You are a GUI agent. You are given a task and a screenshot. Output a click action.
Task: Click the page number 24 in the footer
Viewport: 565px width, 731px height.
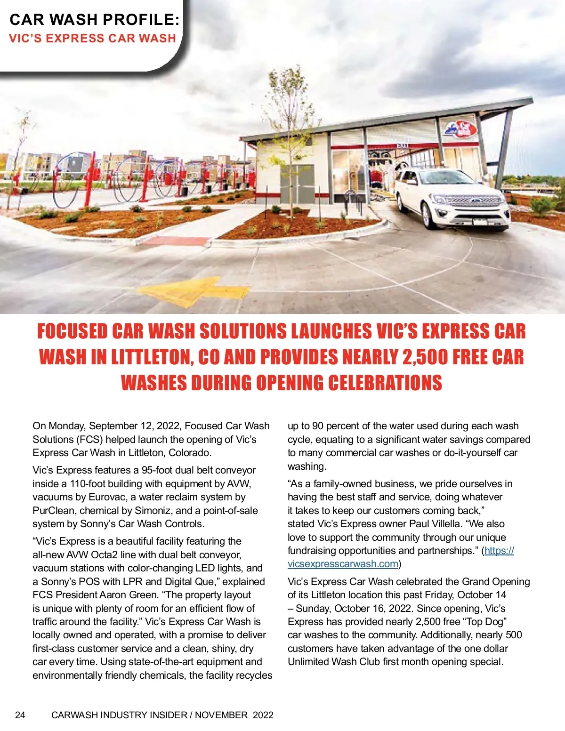coord(20,715)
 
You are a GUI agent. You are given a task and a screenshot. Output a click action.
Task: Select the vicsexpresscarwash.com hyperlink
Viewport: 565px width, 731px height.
coord(343,564)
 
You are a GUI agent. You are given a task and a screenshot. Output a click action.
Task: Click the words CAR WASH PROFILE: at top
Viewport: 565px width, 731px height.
coord(95,19)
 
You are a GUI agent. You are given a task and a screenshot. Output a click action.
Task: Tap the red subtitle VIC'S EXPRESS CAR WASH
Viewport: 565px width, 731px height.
coord(92,39)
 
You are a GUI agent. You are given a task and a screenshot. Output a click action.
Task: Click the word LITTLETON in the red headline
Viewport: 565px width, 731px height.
coord(151,357)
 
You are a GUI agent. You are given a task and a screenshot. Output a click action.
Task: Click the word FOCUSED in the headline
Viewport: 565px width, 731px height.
coord(73,331)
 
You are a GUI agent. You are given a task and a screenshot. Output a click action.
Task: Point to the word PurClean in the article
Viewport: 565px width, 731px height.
coord(53,511)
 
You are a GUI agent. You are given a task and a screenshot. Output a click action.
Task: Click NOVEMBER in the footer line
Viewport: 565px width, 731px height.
coord(221,715)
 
